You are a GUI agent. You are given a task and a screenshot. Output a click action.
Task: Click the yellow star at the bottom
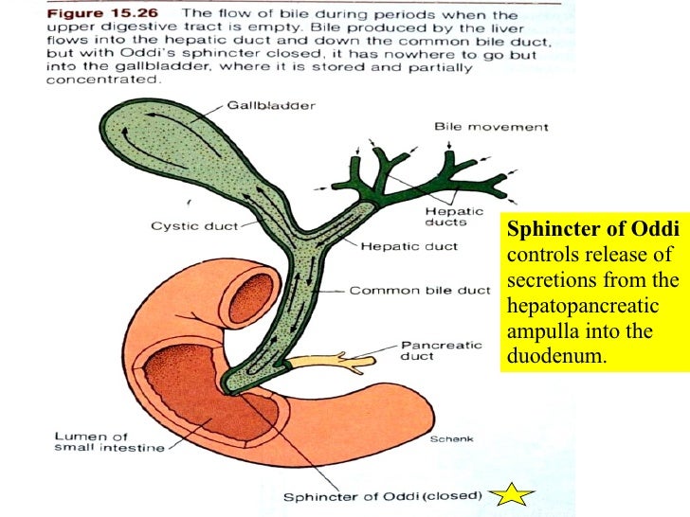click(514, 494)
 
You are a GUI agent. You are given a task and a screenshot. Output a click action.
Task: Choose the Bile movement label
click(490, 126)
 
